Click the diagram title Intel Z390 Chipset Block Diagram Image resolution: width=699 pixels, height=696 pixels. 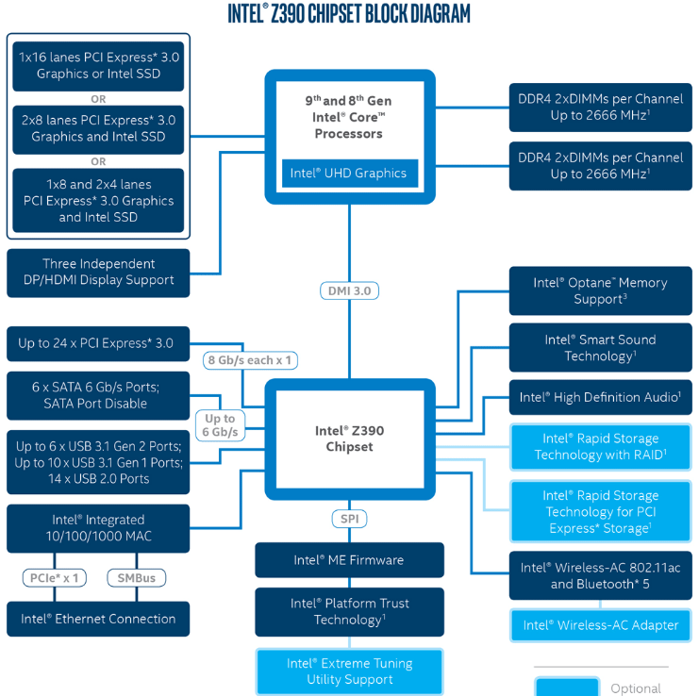click(x=349, y=14)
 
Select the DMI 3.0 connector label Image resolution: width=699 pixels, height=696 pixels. click(x=349, y=290)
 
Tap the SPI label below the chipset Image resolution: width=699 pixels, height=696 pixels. click(x=349, y=519)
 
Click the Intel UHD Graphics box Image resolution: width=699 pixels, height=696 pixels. click(x=349, y=174)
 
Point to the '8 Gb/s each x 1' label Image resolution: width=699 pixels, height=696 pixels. click(x=249, y=359)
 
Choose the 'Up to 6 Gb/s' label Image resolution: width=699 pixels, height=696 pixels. click(x=220, y=425)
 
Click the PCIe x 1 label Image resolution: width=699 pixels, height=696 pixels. click(x=51, y=577)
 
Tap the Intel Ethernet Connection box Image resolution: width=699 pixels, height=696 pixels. click(x=98, y=619)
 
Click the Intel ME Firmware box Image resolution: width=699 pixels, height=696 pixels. click(x=349, y=560)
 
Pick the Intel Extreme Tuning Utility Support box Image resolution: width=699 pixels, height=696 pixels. click(x=349, y=671)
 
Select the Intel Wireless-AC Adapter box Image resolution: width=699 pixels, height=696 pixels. click(x=601, y=625)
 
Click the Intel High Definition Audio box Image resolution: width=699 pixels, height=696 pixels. click(x=601, y=397)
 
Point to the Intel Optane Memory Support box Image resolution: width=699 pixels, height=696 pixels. click(x=601, y=290)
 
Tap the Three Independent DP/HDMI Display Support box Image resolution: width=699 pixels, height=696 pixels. click(x=98, y=272)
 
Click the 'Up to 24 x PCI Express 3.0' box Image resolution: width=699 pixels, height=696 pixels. click(x=98, y=343)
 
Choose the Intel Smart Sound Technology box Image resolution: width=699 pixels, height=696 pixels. click(x=601, y=348)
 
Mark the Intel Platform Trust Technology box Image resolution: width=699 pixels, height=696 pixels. click(x=349, y=611)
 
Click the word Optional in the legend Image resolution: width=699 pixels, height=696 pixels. click(x=636, y=688)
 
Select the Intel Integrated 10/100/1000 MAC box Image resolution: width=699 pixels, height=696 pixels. click(x=98, y=528)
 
